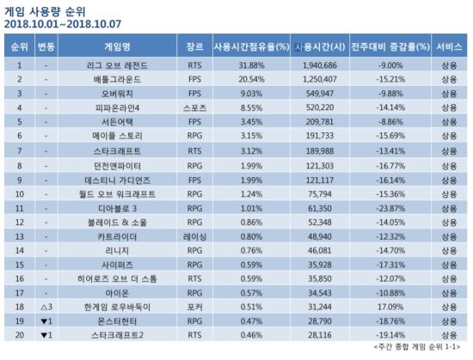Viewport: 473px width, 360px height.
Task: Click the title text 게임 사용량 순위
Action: tap(45, 12)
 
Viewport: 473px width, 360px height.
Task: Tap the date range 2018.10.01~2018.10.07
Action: tap(63, 24)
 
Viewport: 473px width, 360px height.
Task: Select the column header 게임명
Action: tap(117, 46)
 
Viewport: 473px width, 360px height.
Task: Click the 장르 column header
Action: tap(194, 46)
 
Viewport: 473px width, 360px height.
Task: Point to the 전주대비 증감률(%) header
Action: tap(390, 46)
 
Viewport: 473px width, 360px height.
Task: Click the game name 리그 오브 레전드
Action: tap(117, 65)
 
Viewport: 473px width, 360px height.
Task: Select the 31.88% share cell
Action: tap(251, 65)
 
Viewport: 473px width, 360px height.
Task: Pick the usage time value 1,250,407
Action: tap(319, 80)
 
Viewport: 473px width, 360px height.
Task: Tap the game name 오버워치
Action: tap(117, 94)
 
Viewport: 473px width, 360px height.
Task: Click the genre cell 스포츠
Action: tap(194, 108)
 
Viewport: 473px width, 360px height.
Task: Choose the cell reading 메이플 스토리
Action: tap(117, 136)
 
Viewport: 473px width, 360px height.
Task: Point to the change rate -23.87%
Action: tap(390, 209)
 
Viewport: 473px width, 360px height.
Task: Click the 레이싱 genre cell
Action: tap(194, 237)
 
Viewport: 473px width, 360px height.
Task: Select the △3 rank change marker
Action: tap(46, 307)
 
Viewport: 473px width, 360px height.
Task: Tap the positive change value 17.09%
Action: tap(390, 307)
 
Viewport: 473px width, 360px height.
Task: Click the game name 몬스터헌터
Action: tap(117, 321)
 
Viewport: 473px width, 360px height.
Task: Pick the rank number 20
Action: tap(20, 335)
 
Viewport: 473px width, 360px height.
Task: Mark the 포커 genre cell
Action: tap(194, 307)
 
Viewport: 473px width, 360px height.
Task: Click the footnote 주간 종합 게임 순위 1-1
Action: tap(417, 347)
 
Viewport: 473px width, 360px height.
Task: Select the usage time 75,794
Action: tap(319, 194)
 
